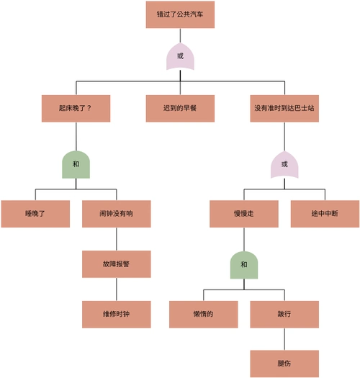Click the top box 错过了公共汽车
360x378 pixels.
coord(180,14)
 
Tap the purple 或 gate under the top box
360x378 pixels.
coord(180,56)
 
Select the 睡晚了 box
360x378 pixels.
coord(35,214)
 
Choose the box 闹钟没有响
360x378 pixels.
coord(116,214)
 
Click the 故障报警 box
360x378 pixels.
coord(116,264)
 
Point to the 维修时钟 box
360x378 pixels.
coord(116,314)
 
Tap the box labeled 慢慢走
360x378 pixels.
coord(243,214)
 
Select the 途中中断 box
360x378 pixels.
coord(325,214)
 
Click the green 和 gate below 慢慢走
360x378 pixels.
coord(243,264)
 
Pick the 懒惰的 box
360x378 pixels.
coord(203,314)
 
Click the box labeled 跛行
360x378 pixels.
coord(284,314)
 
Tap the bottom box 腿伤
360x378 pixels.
coord(284,363)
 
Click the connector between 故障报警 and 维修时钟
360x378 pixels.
coord(116,289)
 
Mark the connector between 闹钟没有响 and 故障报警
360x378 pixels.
coord(116,239)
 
